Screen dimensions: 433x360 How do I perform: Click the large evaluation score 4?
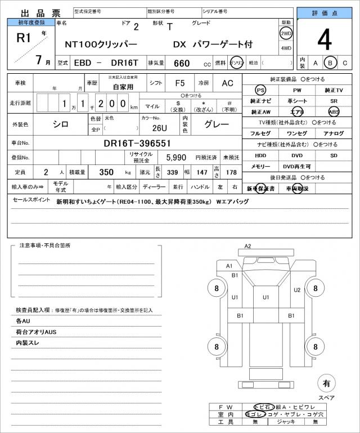click(x=325, y=40)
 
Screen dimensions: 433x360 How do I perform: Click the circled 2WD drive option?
click(x=286, y=33)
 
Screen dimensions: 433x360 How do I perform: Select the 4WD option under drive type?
click(x=286, y=48)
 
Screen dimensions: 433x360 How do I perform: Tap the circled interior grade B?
click(x=331, y=63)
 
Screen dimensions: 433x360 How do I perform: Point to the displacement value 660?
click(x=182, y=63)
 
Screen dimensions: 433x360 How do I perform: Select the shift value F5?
click(x=180, y=83)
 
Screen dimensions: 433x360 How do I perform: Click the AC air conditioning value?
click(x=227, y=83)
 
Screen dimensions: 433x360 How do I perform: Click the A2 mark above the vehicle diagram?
click(x=247, y=246)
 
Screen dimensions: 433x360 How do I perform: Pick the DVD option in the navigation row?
click(x=296, y=155)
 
